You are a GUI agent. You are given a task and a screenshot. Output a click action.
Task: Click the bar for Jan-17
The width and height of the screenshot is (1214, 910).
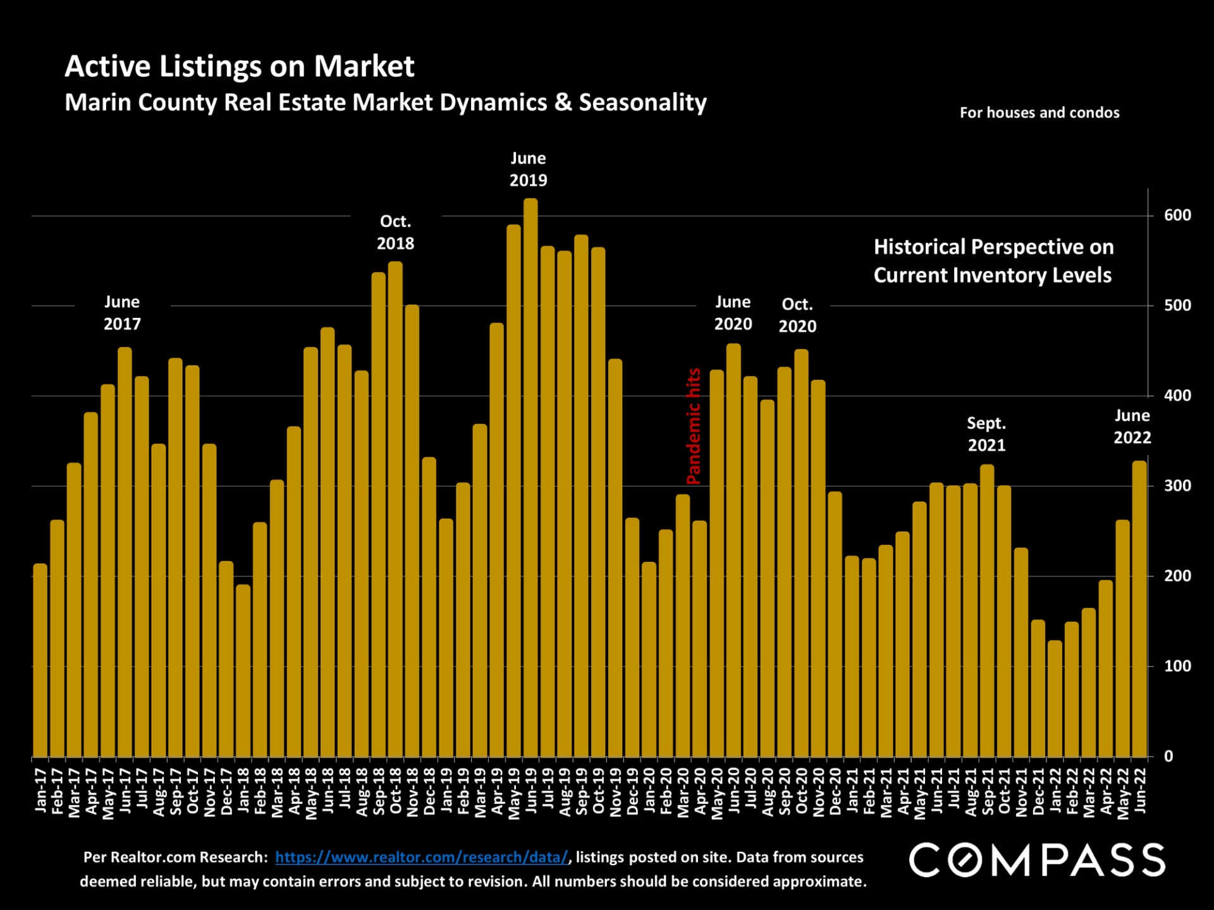40,660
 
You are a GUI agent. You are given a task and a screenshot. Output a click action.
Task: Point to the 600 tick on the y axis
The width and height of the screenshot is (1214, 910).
1177,215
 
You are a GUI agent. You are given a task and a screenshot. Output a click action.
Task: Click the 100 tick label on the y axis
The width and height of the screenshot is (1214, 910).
1177,666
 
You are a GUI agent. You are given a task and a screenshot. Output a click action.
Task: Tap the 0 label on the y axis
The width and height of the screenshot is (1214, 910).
1168,756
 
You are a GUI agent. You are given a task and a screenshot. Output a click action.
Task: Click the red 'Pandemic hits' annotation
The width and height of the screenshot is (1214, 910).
694,427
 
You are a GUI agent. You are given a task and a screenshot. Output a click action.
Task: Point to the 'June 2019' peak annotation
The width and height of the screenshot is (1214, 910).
528,169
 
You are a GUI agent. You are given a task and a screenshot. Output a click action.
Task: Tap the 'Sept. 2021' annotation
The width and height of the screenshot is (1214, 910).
986,434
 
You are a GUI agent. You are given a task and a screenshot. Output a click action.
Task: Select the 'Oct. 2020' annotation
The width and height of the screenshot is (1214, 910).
797,315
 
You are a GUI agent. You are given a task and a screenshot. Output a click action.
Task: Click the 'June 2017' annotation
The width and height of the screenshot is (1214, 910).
122,313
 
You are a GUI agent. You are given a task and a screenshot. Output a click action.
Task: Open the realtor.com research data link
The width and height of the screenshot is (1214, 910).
422,858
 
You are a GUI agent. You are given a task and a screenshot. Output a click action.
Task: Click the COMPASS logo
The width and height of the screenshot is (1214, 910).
1037,859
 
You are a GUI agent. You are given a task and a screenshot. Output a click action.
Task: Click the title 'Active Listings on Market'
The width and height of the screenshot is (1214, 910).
239,66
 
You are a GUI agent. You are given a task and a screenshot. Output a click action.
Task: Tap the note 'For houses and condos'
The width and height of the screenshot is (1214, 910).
1039,113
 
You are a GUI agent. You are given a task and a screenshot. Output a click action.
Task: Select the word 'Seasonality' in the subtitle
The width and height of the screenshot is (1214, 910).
642,102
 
